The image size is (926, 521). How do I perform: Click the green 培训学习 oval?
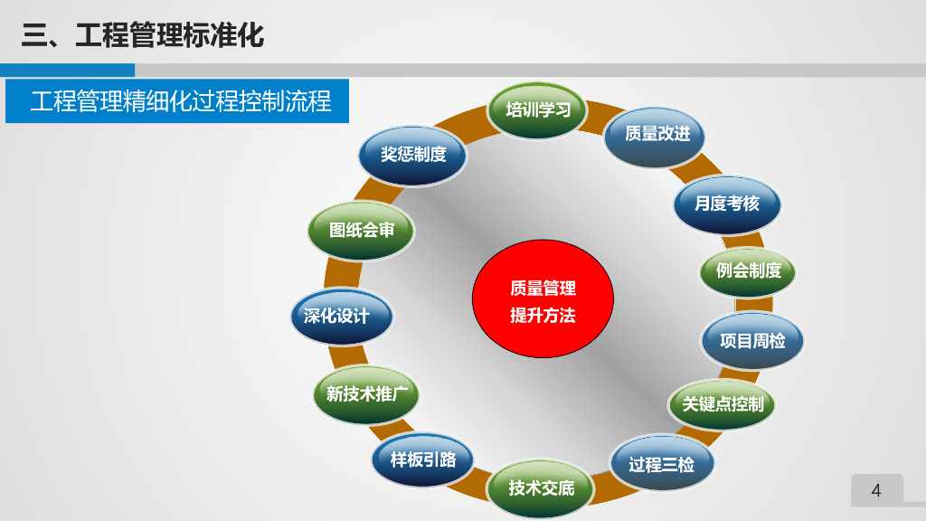538,110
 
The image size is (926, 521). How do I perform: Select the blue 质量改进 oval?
657,134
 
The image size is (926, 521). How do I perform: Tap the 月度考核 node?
726,204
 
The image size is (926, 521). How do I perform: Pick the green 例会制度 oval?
749,270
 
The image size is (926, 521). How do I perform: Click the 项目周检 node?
752,341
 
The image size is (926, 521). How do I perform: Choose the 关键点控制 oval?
723,403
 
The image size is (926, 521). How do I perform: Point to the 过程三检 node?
662,465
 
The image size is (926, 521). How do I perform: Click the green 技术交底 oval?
542,488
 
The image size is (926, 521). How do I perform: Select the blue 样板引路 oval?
423,459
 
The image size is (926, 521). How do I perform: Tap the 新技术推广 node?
367,394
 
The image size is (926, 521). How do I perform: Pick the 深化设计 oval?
342,317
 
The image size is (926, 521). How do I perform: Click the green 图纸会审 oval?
362,231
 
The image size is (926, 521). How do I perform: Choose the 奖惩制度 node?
413,155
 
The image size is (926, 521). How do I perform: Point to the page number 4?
875,491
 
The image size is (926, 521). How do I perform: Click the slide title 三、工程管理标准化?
143,36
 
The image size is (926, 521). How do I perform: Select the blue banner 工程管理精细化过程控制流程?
178,100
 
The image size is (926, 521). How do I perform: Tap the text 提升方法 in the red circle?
543,316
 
